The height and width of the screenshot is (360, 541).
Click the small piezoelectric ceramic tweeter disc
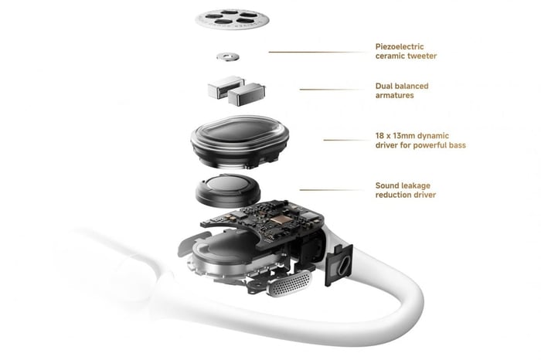[228, 56]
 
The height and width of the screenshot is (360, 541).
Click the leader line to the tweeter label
[317, 52]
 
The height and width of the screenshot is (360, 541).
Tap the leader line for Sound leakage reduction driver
[332, 189]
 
